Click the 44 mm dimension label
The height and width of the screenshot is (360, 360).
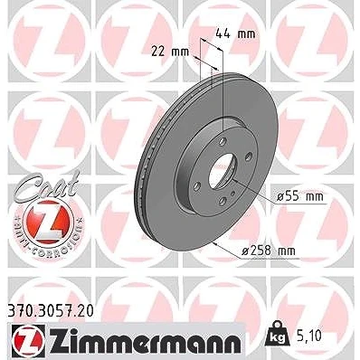click(235, 34)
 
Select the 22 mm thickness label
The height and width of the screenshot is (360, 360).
click(170, 52)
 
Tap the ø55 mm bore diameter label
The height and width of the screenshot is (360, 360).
click(300, 197)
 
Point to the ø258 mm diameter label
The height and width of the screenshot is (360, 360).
click(269, 251)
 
